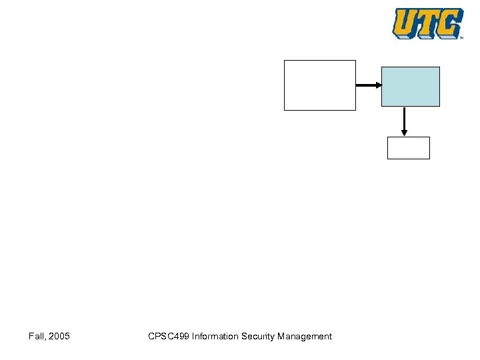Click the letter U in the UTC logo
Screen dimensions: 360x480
click(405, 23)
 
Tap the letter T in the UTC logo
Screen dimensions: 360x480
click(428, 23)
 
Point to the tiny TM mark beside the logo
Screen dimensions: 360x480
click(461, 38)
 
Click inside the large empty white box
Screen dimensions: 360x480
click(320, 85)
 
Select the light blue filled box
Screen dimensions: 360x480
click(411, 87)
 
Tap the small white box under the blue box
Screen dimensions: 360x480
click(409, 147)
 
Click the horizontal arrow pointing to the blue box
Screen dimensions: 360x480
click(367, 85)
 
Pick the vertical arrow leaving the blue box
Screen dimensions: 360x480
click(404, 120)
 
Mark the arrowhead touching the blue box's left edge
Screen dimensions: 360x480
click(378, 85)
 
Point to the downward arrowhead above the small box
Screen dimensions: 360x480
click(404, 133)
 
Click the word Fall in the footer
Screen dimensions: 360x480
click(36, 337)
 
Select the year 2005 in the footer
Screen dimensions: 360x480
click(59, 337)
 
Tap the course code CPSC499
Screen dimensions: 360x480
click(168, 337)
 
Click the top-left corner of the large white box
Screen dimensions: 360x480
click(285, 61)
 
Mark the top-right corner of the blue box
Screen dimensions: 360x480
click(439, 67)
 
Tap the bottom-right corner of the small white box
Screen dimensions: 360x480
click(429, 158)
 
